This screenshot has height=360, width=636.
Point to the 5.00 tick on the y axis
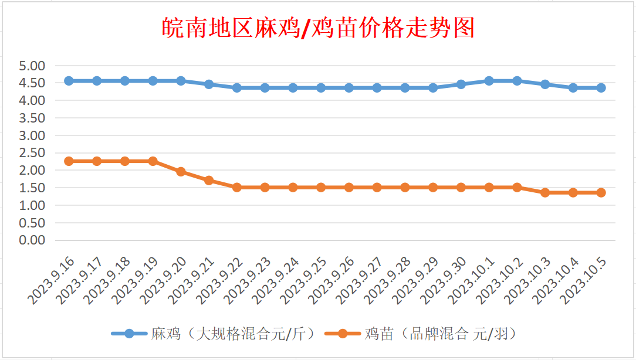click(x=32, y=66)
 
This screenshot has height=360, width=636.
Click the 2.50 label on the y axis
click(x=32, y=153)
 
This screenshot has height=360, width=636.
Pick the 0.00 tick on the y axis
click(x=32, y=240)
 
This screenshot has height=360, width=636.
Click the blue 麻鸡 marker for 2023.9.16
click(x=69, y=81)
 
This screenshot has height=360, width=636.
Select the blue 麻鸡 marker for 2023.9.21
click(x=209, y=84)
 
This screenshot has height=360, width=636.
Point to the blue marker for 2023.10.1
click(x=489, y=81)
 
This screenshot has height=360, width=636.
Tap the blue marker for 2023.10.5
click(x=601, y=88)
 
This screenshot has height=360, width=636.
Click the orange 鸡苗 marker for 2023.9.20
click(x=181, y=172)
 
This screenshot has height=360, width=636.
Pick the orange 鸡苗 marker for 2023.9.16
click(x=69, y=161)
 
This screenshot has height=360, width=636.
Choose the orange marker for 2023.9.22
click(x=237, y=188)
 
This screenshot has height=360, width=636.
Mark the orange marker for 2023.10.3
click(x=545, y=192)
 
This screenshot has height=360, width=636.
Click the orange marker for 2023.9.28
click(x=405, y=188)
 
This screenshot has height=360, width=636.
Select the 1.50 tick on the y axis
click(x=32, y=188)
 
